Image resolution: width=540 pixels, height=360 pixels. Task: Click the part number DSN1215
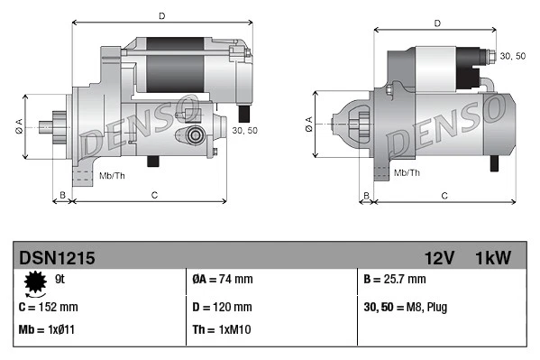[57, 258]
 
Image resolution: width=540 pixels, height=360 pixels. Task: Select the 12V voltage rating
[438, 258]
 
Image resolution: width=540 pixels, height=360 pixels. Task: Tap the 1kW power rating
[493, 258]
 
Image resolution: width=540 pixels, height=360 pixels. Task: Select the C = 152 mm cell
[50, 306]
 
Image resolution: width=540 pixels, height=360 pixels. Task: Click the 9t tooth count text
[60, 280]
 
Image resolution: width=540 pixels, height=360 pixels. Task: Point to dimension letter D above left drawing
[161, 15]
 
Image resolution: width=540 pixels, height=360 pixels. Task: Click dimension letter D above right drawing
[437, 23]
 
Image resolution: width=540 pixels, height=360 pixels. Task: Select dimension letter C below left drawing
[154, 194]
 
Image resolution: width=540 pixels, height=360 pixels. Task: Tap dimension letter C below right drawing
[444, 195]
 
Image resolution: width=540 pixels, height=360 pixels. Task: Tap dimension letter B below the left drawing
[62, 194]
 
